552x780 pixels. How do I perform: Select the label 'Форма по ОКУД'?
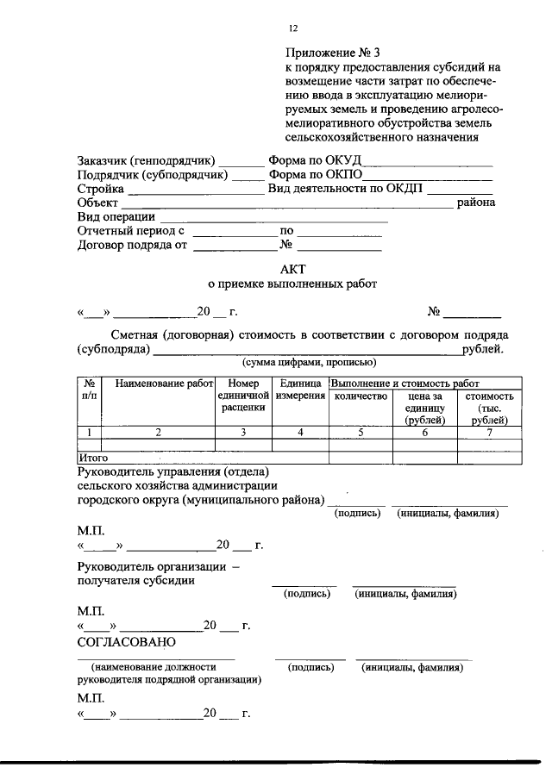[316, 160]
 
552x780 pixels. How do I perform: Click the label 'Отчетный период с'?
[131, 231]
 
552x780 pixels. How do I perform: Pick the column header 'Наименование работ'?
[157, 383]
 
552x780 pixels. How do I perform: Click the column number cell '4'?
[300, 433]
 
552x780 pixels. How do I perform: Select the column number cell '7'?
[489, 433]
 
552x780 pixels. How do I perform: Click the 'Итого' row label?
[93, 458]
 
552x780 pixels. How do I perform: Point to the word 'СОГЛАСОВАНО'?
[126, 642]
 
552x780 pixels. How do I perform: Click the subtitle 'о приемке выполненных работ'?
[293, 284]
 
